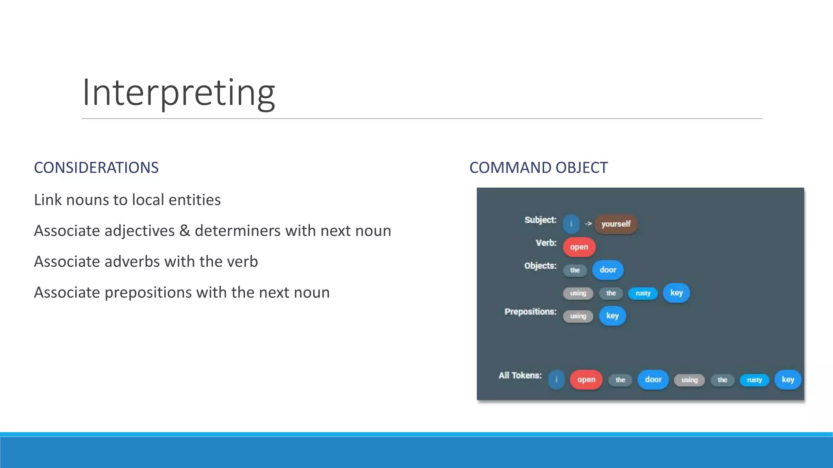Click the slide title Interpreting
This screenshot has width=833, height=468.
click(x=179, y=93)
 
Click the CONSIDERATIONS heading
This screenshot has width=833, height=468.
click(x=96, y=168)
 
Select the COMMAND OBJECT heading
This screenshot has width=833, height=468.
click(x=538, y=168)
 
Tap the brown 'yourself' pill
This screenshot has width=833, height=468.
click(x=615, y=224)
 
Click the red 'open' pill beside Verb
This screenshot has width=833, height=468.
click(x=579, y=247)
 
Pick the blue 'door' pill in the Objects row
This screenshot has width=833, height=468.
click(x=608, y=270)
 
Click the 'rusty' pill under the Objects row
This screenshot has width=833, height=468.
click(x=643, y=293)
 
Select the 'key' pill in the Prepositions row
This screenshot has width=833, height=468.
click(x=612, y=316)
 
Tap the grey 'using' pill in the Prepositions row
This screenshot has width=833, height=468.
click(x=578, y=316)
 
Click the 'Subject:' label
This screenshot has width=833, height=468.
click(x=540, y=220)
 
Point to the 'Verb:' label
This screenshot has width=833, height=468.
click(x=546, y=243)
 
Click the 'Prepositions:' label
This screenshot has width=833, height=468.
click(x=530, y=312)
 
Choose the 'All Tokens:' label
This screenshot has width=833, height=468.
click(x=520, y=375)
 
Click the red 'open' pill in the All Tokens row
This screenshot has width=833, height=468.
click(x=586, y=380)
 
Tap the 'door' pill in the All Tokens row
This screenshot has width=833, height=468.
click(x=653, y=380)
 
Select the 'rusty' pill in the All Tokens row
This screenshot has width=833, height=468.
click(x=754, y=380)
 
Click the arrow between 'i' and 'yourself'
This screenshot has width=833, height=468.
click(x=588, y=224)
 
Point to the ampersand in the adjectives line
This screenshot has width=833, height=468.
click(x=185, y=231)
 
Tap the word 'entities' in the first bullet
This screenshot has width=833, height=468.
click(x=194, y=200)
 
